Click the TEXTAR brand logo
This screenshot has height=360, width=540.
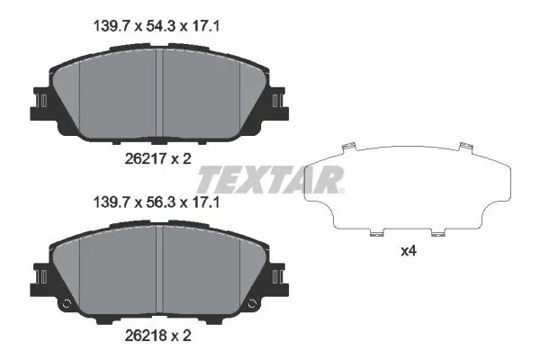point(269,179)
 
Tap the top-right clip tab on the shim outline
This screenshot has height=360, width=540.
point(464,146)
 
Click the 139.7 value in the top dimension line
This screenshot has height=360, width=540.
point(115,28)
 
